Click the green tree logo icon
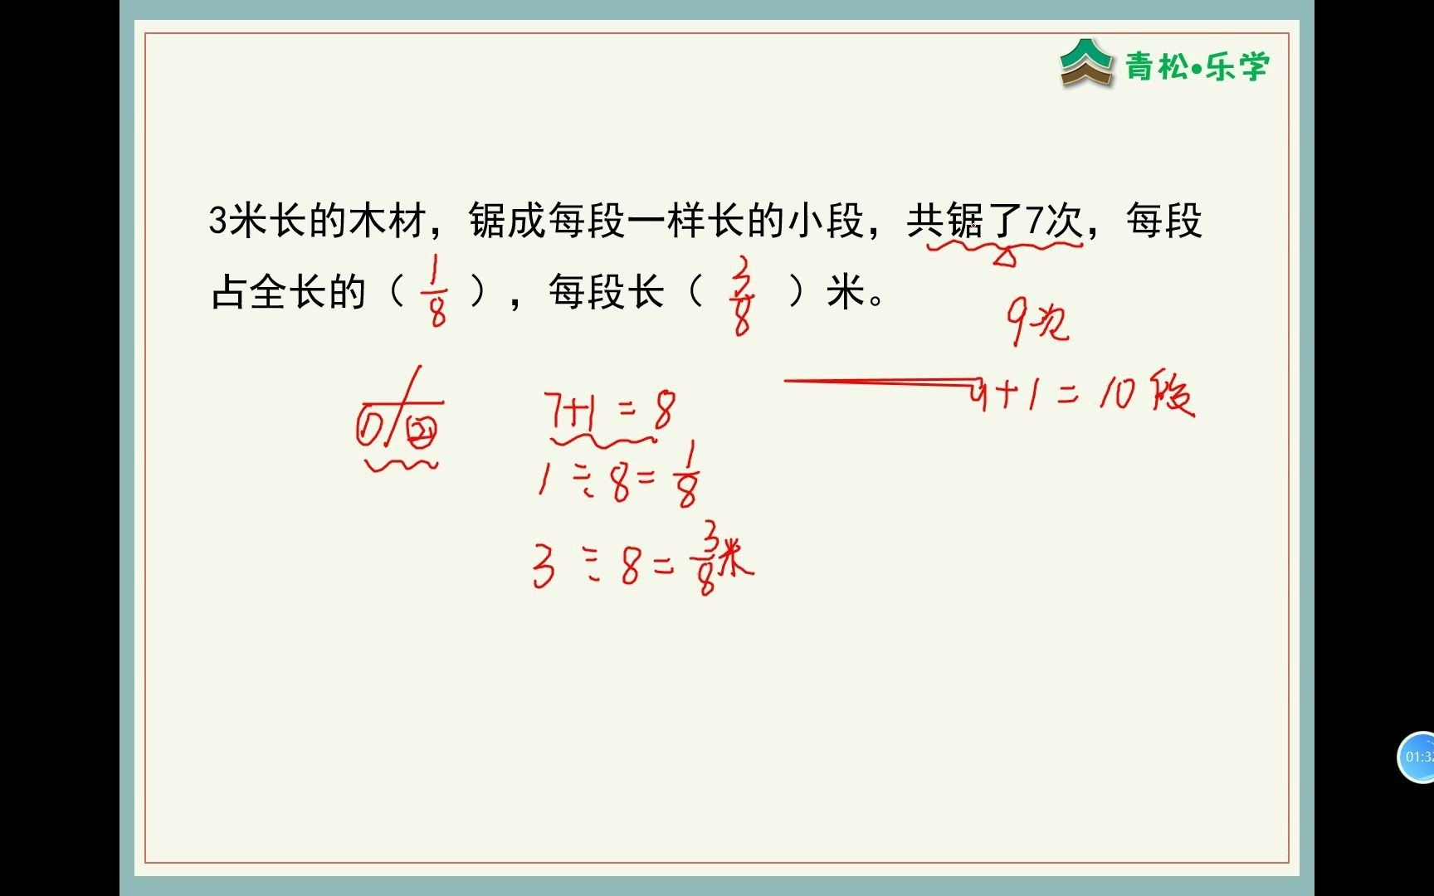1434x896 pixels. pos(1085,62)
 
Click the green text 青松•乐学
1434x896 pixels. pos(1197,66)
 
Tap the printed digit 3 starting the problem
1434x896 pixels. pos(217,222)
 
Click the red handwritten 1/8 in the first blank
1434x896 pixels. pos(437,290)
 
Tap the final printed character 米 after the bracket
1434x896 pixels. pos(846,292)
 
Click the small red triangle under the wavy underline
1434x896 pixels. pos(1004,257)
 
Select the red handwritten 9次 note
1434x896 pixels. pos(1037,321)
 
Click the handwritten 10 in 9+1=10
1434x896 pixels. pos(1117,394)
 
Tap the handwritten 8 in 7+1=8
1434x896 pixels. pos(664,411)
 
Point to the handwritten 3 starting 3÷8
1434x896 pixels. pos(544,568)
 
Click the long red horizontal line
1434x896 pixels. pos(880,382)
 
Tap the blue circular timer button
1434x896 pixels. pos(1417,757)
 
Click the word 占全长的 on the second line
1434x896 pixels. pos(289,292)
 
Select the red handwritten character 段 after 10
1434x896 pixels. pos(1172,394)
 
